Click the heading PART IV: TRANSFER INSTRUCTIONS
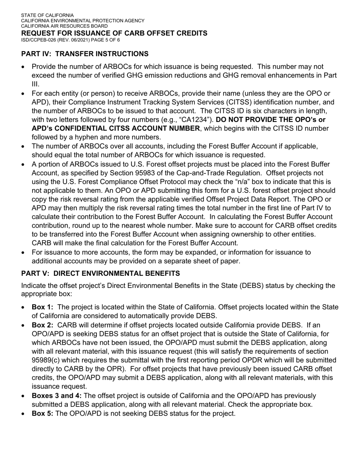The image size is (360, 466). pyautogui.click(x=85, y=54)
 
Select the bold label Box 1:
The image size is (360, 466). pyautogui.click(x=42, y=307)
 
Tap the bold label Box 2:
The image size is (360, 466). pyautogui.click(x=42, y=325)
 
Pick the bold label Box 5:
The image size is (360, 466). pyautogui.click(x=42, y=413)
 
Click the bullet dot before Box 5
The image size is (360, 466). pyautogui.click(x=24, y=414)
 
